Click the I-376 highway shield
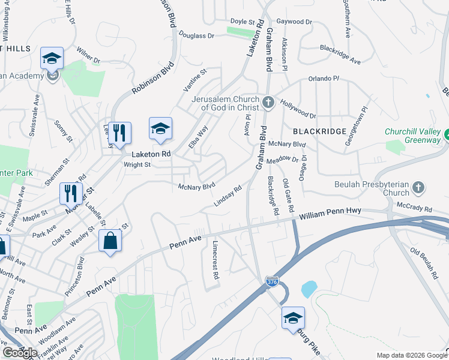(x=271, y=280)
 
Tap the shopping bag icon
(x=110, y=241)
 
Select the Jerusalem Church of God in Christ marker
(x=268, y=103)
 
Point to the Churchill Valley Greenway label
(x=414, y=136)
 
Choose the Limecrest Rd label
(x=215, y=260)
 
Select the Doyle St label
(x=243, y=22)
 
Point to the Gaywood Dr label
(x=294, y=22)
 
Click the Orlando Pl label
(x=324, y=79)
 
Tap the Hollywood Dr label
(x=298, y=110)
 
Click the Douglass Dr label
(x=196, y=36)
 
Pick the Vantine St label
(x=194, y=81)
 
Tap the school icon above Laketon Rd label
(x=160, y=128)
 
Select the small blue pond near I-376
(x=309, y=289)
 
